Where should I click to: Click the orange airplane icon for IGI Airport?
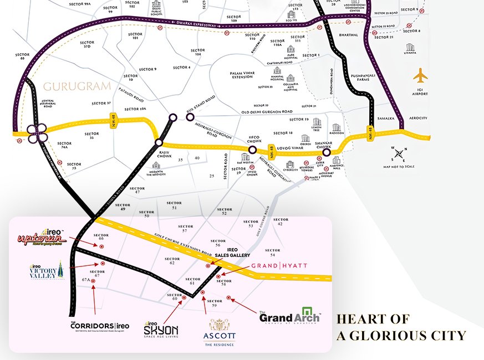point(421,75)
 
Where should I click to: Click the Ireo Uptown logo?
point(42,239)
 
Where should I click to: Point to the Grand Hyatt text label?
point(279,266)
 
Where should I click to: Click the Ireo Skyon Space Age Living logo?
point(161,329)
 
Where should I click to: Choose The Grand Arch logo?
point(289,316)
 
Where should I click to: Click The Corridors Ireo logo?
point(100,326)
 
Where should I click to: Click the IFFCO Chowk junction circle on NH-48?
point(253,150)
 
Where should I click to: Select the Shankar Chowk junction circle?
point(327,152)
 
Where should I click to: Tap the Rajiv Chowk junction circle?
point(160,142)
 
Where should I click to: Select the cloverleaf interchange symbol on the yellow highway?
point(35,133)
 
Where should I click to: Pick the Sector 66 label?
point(101,237)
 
